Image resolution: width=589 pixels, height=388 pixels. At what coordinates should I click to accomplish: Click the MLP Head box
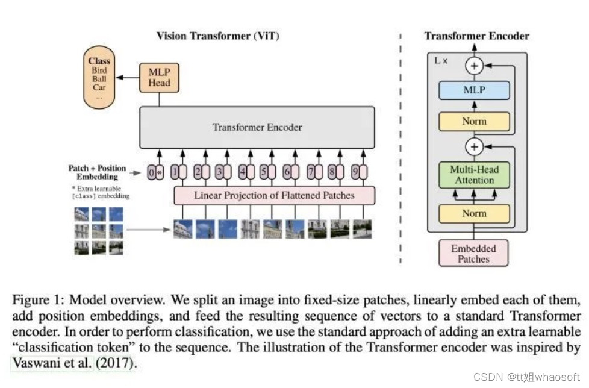160,77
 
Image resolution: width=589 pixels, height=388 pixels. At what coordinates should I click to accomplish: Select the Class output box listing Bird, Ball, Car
99,78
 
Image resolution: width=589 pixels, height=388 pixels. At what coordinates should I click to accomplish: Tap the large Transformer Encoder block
257,127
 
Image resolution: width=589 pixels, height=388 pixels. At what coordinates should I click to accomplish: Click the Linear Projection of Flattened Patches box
274,195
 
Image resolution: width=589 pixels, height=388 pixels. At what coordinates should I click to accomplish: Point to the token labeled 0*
155,173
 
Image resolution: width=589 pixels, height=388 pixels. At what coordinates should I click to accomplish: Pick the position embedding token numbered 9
358,173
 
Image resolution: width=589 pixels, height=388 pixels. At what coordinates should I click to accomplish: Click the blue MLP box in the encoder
475,90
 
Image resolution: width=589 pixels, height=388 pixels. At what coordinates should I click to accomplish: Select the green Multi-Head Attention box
475,175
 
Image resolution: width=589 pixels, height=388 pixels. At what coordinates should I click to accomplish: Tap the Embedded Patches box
473,253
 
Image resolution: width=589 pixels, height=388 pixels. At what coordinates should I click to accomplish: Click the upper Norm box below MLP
475,121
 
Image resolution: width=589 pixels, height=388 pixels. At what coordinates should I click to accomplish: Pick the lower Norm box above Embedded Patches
475,213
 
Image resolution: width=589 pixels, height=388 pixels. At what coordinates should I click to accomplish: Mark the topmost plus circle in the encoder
475,66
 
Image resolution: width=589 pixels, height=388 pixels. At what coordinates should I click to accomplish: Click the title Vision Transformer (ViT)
217,36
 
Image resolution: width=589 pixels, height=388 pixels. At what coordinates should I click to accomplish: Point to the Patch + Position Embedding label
98,173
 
